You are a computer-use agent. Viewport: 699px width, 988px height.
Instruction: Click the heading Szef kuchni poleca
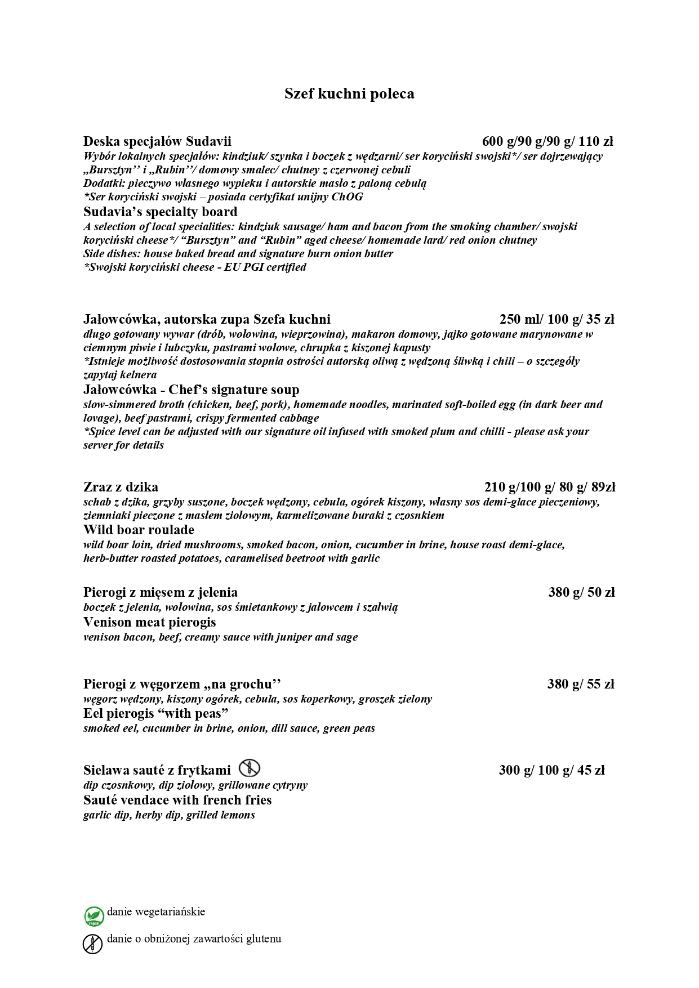coord(349,93)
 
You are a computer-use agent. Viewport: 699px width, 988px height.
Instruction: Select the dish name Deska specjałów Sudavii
coord(157,141)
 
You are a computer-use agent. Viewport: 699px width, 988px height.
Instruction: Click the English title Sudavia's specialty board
coord(161,212)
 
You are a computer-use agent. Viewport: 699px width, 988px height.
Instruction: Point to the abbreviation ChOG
coord(347,197)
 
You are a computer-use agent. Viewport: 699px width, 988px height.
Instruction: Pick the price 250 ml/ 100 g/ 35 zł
coord(556,320)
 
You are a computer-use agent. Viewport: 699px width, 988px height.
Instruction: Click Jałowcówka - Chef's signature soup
coord(192,390)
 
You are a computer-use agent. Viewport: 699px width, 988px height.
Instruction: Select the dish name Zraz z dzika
coord(121,487)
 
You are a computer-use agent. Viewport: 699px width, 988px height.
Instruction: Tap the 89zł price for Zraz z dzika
coord(603,487)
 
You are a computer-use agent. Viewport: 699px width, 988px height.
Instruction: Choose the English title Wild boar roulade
coord(139,530)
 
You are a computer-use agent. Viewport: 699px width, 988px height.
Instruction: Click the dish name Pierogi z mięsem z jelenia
coord(161,592)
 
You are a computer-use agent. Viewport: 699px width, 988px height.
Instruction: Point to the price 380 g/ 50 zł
coord(581,592)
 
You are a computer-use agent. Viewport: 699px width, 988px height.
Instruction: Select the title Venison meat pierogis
coord(150,622)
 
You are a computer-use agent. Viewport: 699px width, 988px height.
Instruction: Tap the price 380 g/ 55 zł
coord(581,684)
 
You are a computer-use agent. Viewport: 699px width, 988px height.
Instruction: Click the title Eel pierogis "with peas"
coord(156,714)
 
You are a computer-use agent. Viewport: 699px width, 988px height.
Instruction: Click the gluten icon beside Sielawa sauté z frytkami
coord(249,768)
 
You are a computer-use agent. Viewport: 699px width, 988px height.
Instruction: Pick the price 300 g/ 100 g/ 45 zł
coord(551,770)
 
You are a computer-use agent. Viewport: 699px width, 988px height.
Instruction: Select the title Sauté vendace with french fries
coord(177,800)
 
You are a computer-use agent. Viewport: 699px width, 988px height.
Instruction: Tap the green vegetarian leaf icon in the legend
coord(94,916)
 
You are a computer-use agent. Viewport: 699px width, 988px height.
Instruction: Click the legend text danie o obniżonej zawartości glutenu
coord(194,938)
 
